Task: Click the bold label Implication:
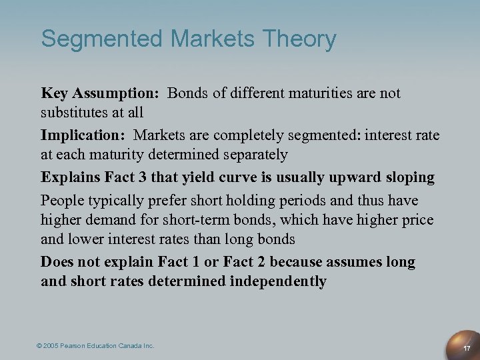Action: [x=83, y=135]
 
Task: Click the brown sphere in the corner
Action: [x=465, y=338]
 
